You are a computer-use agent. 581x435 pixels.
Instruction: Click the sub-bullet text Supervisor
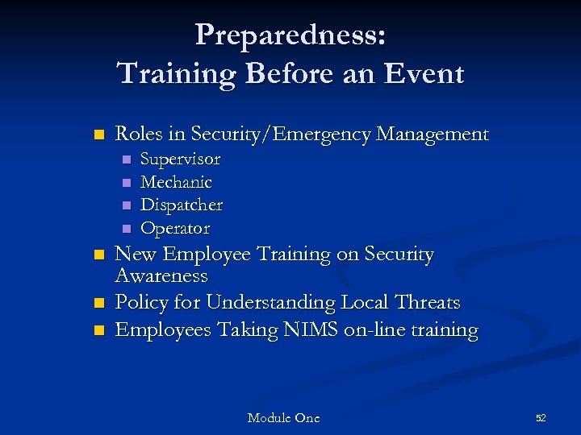coord(180,159)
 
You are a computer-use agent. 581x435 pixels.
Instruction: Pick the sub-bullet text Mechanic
coord(176,182)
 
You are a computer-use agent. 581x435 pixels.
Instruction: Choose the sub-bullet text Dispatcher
coord(182,205)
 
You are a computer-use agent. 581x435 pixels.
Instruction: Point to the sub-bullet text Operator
coord(175,228)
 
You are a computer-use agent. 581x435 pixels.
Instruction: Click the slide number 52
coord(541,418)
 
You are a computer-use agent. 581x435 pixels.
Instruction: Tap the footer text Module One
coord(283,418)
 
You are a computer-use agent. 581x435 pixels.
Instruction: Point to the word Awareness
coord(161,276)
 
